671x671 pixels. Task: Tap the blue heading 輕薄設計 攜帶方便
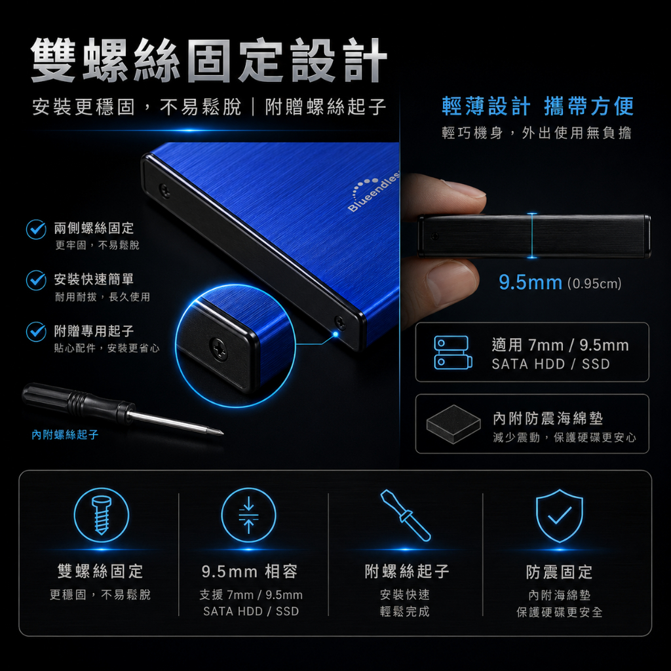point(537,106)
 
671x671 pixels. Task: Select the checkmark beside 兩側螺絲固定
point(37,229)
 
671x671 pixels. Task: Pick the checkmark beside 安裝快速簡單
point(37,280)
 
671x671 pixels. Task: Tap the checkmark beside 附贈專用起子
point(37,332)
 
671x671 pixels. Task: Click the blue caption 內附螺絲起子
point(65,435)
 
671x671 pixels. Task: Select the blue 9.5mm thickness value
point(531,282)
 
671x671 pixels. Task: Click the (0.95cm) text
point(594,283)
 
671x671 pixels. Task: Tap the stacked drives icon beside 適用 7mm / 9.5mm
point(453,352)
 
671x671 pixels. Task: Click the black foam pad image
point(453,424)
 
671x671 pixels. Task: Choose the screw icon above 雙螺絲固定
point(102,515)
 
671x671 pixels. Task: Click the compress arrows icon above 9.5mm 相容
point(248,515)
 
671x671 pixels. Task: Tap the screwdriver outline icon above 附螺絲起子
point(405,515)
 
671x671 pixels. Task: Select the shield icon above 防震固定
point(560,516)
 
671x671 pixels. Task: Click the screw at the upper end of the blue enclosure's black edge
point(164,190)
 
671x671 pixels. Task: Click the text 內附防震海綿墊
point(548,418)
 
